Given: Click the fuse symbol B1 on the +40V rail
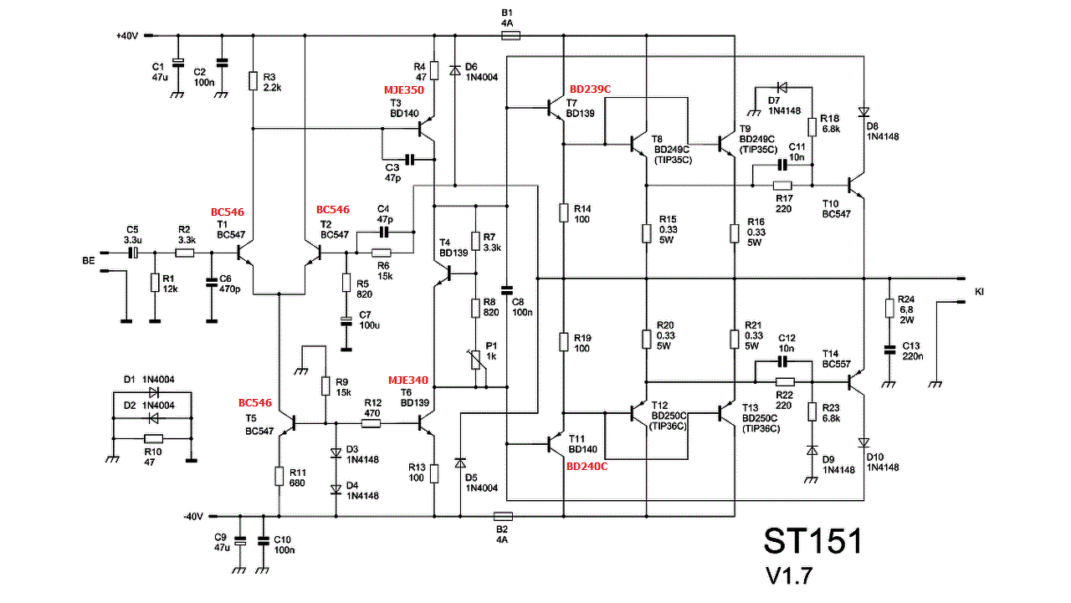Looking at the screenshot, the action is pyautogui.click(x=510, y=35).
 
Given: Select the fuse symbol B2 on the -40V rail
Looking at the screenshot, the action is pyautogui.click(x=503, y=516).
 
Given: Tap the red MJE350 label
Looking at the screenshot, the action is pyautogui.click(x=403, y=89).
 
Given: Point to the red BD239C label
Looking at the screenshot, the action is pyautogui.click(x=590, y=89).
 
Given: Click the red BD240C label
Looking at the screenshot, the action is pyautogui.click(x=587, y=467).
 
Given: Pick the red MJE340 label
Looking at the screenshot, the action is pyautogui.click(x=407, y=381).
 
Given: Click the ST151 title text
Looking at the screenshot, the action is pyautogui.click(x=812, y=541).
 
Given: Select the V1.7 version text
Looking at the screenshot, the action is pyautogui.click(x=789, y=576).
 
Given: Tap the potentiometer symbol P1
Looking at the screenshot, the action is pyautogui.click(x=476, y=360).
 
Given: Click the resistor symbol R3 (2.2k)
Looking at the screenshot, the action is pyautogui.click(x=254, y=81).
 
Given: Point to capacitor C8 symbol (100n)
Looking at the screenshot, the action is pyautogui.click(x=507, y=290).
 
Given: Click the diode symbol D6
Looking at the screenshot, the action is pyautogui.click(x=454, y=71).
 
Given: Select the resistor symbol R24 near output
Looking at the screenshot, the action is pyautogui.click(x=889, y=308).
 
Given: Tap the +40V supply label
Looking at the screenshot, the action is pyautogui.click(x=127, y=36).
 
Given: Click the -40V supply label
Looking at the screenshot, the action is pyautogui.click(x=193, y=517).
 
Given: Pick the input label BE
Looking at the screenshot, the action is pyautogui.click(x=89, y=261).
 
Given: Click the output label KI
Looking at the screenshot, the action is pyautogui.click(x=979, y=292).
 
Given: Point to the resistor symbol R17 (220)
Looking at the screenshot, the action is pyautogui.click(x=782, y=186).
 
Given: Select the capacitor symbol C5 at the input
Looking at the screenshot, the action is pyautogui.click(x=133, y=253).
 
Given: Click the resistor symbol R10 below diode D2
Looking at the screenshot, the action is pyautogui.click(x=153, y=438).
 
